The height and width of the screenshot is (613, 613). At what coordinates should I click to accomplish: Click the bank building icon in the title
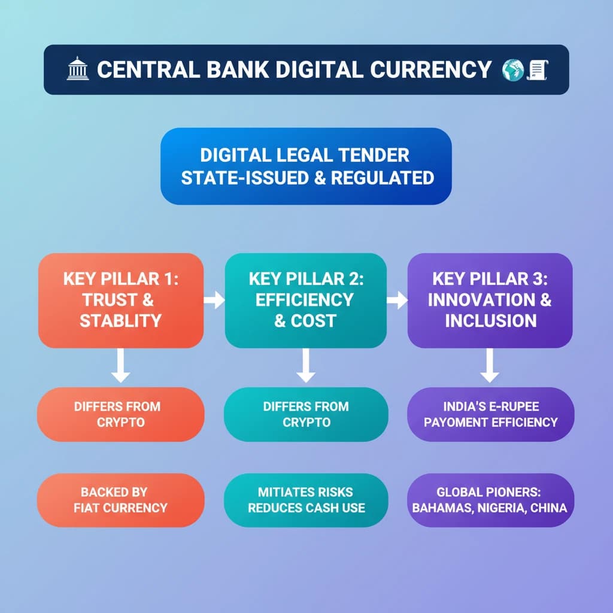tap(78, 69)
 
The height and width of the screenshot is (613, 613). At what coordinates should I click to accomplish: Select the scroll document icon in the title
tap(537, 69)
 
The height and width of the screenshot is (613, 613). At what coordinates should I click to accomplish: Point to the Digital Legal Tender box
tap(306, 166)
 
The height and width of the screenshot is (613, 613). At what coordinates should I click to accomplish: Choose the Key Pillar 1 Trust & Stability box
tap(121, 300)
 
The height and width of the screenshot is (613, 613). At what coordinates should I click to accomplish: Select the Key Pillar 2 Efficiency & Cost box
tap(305, 300)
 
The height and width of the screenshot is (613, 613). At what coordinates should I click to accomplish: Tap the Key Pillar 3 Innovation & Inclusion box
tap(490, 300)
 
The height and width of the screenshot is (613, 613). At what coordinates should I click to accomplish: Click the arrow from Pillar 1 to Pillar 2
tap(214, 300)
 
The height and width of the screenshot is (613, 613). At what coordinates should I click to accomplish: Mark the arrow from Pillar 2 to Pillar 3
tap(397, 300)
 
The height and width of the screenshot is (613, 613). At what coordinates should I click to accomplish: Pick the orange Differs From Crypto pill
tap(121, 414)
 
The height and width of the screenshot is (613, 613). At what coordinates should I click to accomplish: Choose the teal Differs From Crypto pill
tap(306, 414)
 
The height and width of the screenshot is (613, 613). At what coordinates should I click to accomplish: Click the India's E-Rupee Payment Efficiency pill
tap(490, 414)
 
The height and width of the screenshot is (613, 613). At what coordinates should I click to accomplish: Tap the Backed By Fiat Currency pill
tap(121, 500)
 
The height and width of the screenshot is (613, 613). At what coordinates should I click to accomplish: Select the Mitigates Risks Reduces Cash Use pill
tap(306, 500)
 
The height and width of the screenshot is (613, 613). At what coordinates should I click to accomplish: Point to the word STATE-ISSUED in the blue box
tap(235, 178)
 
